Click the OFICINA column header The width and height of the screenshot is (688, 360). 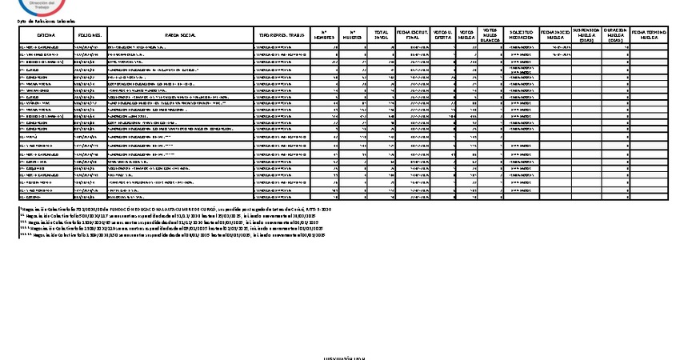click(x=45, y=35)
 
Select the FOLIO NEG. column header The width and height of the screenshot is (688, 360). click(x=89, y=35)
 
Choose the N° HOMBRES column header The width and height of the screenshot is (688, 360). click(x=323, y=35)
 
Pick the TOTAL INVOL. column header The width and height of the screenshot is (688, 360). click(x=381, y=35)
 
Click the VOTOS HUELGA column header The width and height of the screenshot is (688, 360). click(x=467, y=35)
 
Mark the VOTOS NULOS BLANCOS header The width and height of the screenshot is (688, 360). click(x=491, y=35)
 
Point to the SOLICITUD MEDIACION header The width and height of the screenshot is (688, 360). click(x=522, y=35)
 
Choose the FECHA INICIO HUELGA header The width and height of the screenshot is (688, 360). click(x=556, y=35)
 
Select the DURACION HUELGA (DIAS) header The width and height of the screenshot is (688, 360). click(x=615, y=35)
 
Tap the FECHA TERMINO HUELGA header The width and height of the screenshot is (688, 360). click(x=650, y=35)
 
